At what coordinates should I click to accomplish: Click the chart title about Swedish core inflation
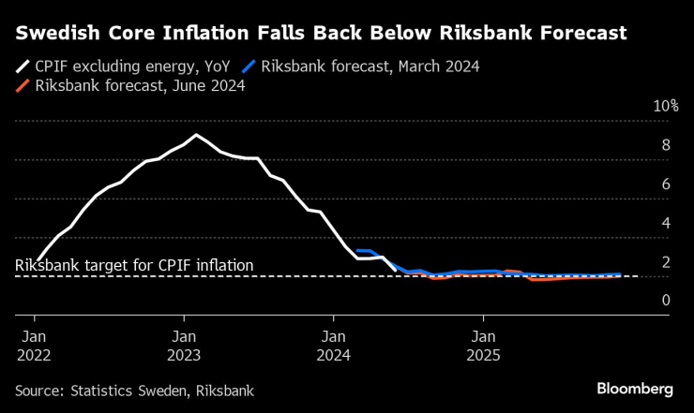click(320, 34)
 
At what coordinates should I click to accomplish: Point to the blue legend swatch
click(249, 66)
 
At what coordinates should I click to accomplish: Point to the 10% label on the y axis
click(665, 106)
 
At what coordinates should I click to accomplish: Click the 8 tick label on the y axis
click(665, 145)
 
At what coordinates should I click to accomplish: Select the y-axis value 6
click(665, 184)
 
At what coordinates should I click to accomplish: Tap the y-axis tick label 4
click(665, 223)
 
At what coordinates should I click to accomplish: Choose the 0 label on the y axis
click(665, 301)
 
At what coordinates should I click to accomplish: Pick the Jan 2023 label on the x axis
click(183, 346)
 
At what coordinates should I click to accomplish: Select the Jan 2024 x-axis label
click(333, 346)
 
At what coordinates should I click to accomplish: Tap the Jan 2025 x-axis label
click(483, 346)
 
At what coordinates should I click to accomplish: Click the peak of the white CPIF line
click(195, 136)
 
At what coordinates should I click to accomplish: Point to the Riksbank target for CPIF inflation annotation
click(134, 266)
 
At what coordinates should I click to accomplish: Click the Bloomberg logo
click(634, 389)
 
